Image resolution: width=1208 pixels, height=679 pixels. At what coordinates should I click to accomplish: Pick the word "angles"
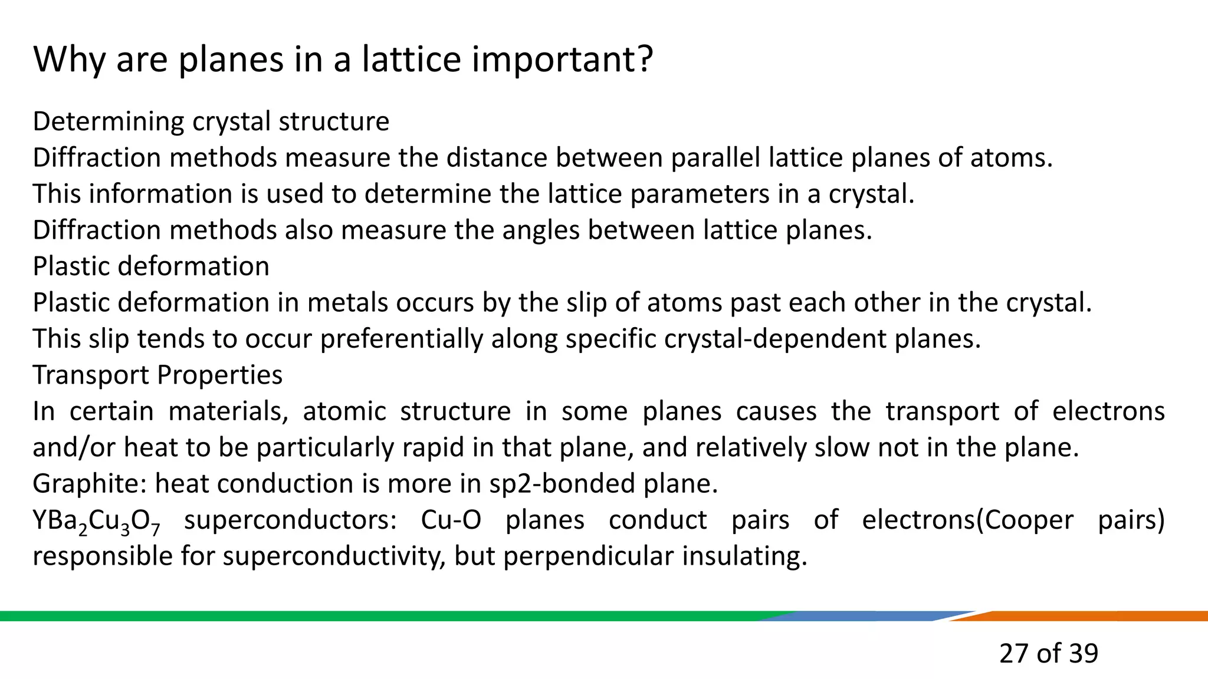tap(541, 230)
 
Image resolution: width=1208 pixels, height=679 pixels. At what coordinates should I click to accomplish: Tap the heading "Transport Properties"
tap(157, 375)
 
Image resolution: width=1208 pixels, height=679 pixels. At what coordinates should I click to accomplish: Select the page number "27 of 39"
tap(1048, 653)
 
